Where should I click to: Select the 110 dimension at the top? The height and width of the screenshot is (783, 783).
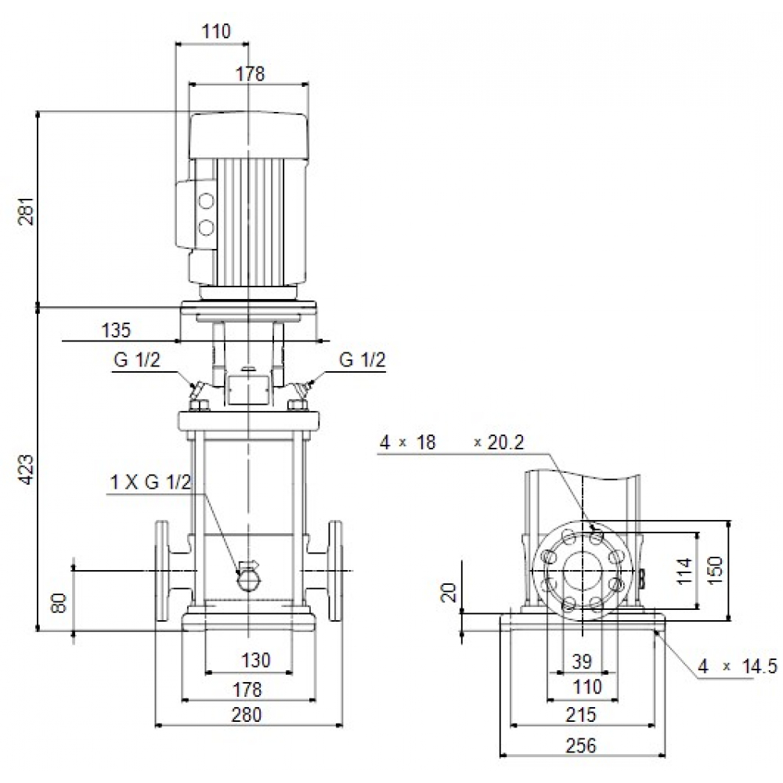(x=216, y=32)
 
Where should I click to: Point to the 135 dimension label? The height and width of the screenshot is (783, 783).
(x=117, y=330)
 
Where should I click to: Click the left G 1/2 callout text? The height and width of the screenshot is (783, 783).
(x=138, y=360)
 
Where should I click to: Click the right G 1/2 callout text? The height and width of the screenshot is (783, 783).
(x=363, y=360)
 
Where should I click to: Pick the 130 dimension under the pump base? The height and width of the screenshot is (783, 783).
(x=255, y=661)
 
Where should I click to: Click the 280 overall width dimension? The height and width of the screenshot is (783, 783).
(x=247, y=714)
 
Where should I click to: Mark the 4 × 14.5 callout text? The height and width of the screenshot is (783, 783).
(x=738, y=666)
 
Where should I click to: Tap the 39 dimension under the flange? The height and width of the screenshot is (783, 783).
(x=582, y=662)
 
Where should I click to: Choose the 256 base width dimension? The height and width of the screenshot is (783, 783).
(x=582, y=745)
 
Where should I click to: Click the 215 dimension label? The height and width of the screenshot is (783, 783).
(x=581, y=714)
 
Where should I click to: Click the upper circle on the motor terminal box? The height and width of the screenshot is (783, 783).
(x=206, y=202)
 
